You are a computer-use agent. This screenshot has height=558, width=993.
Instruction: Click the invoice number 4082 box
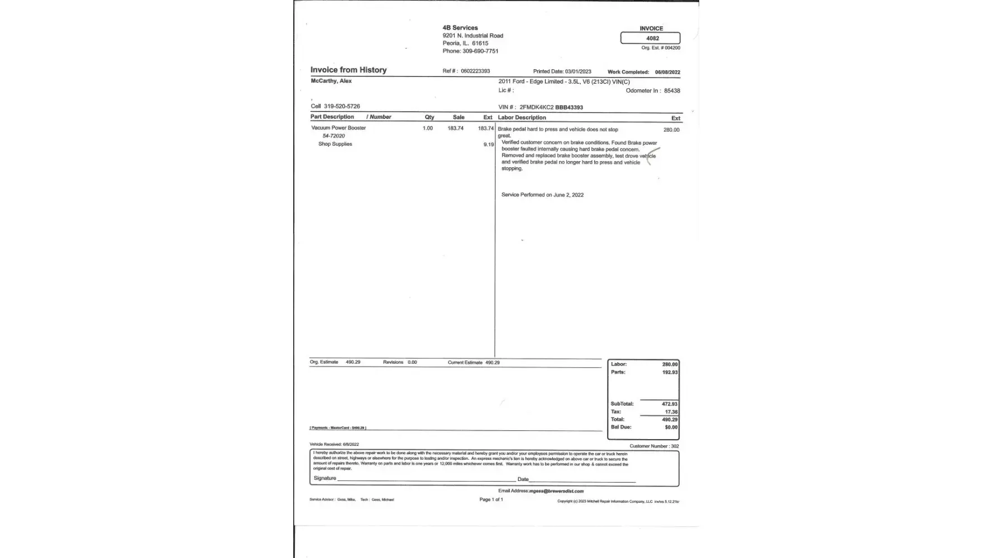(651, 39)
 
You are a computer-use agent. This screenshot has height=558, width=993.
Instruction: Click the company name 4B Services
(460, 28)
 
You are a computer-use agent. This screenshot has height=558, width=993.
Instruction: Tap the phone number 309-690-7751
(480, 51)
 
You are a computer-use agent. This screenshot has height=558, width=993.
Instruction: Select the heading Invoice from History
(348, 70)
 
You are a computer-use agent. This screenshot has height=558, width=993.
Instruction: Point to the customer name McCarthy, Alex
(331, 81)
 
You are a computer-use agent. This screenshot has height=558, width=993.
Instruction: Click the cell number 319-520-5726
(342, 107)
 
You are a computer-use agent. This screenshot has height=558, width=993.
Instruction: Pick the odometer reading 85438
(672, 91)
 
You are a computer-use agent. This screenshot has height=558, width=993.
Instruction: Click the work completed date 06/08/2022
(667, 73)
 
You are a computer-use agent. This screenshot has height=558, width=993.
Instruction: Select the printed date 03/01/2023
(577, 72)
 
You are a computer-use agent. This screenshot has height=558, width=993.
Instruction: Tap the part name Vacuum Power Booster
(338, 128)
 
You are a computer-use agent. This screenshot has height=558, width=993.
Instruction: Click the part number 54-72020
(333, 136)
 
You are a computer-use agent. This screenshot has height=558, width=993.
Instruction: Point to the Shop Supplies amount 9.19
(489, 145)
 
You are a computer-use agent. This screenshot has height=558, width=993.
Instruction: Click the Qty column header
(429, 118)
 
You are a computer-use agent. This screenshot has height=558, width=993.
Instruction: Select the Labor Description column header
(522, 118)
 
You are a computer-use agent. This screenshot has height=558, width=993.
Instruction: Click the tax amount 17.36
(671, 412)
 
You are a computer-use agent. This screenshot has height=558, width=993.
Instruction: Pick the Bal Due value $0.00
(671, 427)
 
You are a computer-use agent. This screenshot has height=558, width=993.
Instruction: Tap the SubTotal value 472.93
(670, 404)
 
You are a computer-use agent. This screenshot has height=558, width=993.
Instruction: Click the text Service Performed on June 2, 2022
(542, 195)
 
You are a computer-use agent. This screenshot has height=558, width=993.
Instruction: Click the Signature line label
(325, 478)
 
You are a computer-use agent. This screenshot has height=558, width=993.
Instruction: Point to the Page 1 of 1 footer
(491, 499)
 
